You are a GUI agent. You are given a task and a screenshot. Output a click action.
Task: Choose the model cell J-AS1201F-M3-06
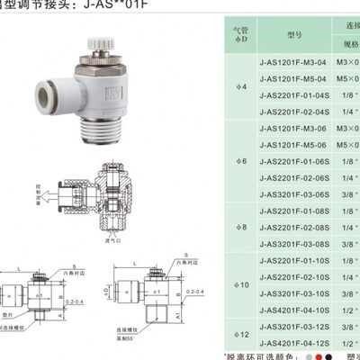click(293, 129)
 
